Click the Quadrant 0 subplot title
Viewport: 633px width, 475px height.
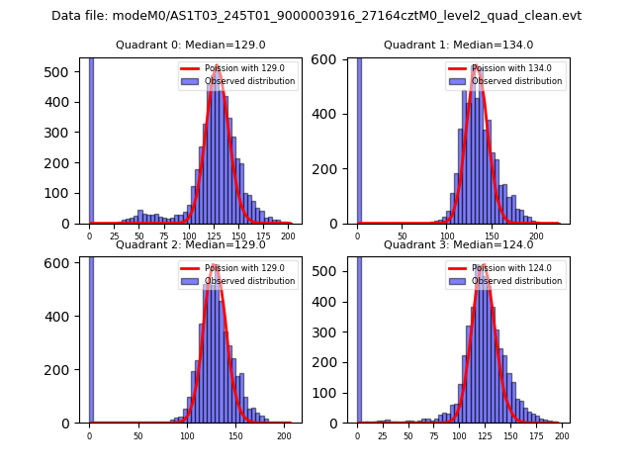[191, 45]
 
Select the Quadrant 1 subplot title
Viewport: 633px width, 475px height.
[458, 45]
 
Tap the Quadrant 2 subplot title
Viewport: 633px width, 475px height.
[191, 244]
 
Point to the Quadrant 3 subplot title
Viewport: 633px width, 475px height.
[458, 244]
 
